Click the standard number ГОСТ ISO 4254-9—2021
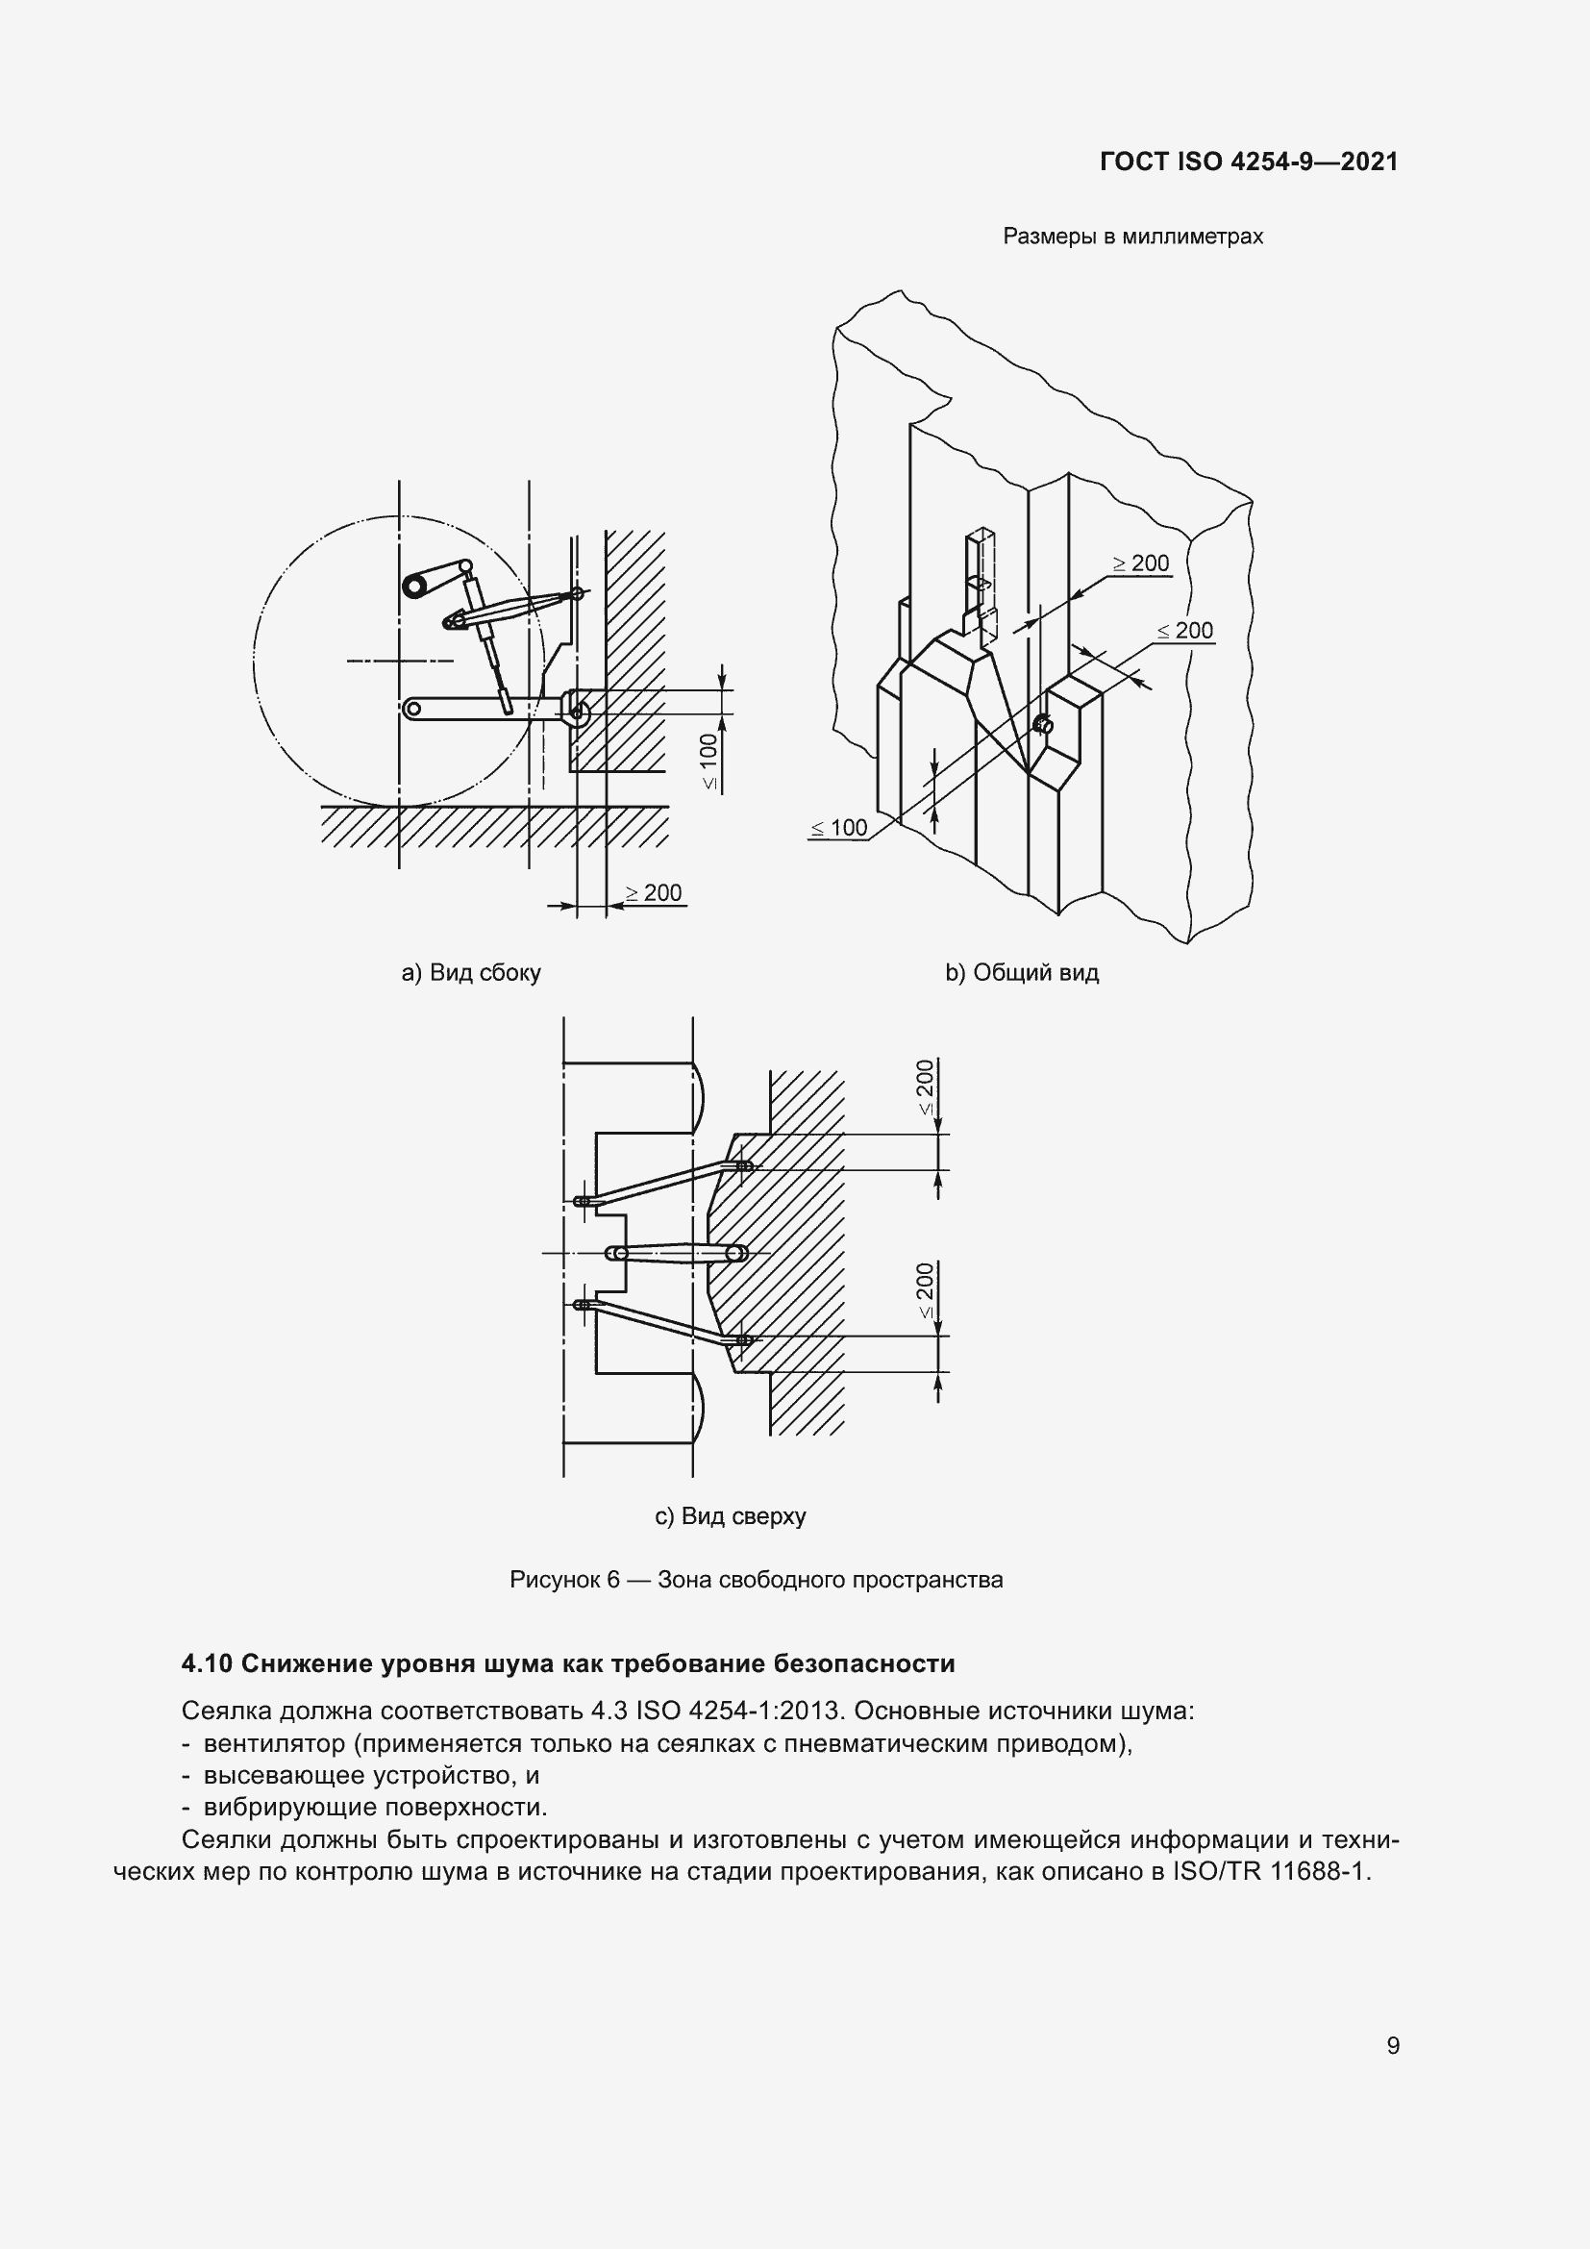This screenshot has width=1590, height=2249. (x=1249, y=162)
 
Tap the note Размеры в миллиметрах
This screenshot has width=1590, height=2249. (x=1132, y=237)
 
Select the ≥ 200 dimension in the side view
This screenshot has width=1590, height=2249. (x=654, y=892)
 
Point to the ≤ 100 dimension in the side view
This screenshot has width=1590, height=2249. (x=708, y=762)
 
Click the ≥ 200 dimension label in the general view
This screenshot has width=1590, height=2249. (x=1142, y=563)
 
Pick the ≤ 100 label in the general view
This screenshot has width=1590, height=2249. (x=839, y=828)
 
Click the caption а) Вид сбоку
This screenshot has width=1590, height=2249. (x=471, y=973)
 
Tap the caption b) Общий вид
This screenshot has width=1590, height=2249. (x=1021, y=973)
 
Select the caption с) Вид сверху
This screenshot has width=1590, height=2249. (x=730, y=1516)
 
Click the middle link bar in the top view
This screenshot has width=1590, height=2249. (x=677, y=1253)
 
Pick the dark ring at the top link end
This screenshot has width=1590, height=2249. (x=415, y=585)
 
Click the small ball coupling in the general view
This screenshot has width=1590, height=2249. (x=1044, y=725)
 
